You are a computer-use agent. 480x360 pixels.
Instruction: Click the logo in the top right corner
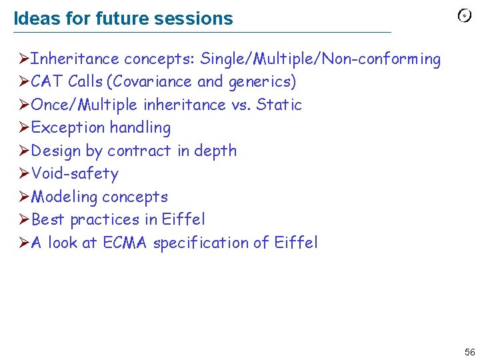click(465, 17)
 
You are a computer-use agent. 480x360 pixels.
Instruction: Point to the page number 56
click(469, 352)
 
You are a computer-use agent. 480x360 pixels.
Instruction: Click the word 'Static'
click(279, 105)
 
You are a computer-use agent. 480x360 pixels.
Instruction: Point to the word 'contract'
click(139, 151)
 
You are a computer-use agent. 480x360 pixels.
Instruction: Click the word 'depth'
click(215, 151)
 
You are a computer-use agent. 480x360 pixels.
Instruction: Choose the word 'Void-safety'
click(75, 173)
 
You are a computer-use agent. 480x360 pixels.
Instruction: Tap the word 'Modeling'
click(63, 197)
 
